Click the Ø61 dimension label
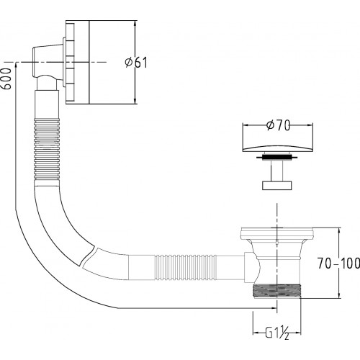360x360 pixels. (136, 63)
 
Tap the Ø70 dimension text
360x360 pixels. (278, 125)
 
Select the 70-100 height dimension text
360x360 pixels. (338, 264)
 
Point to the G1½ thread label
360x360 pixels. (277, 333)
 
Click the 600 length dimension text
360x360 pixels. (6, 79)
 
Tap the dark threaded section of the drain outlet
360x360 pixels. (277, 290)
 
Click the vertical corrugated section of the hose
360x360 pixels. (47, 149)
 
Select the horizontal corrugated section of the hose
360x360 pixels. (185, 267)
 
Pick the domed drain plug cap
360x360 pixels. (277, 147)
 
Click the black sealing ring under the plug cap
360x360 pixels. (277, 158)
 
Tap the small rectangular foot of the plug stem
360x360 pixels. (277, 185)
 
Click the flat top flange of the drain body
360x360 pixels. (277, 233)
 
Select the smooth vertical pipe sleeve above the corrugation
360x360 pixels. (47, 104)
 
